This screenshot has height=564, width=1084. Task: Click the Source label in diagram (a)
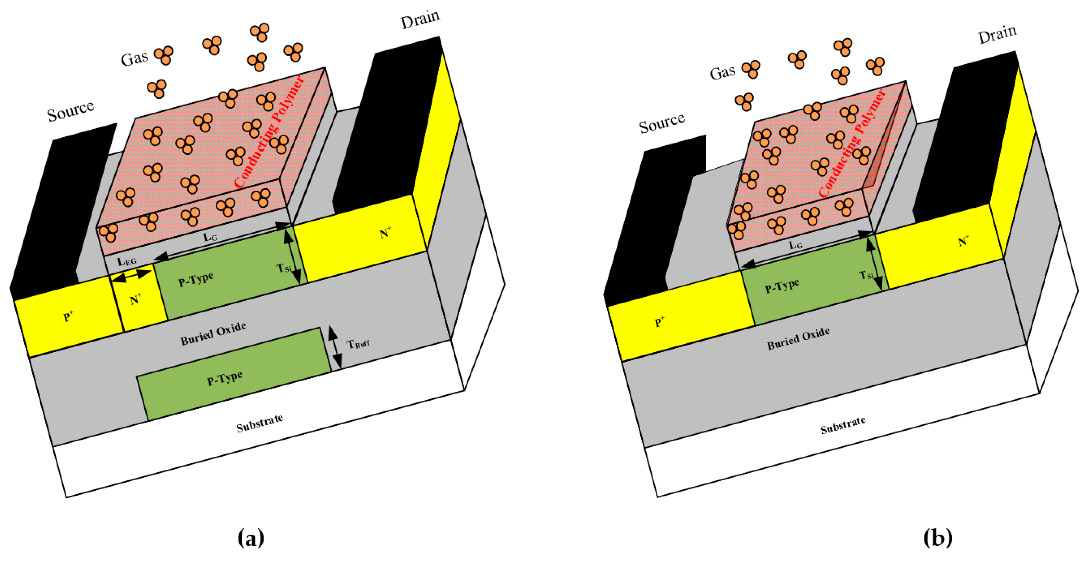70,111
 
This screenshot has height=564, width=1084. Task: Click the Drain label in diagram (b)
997,34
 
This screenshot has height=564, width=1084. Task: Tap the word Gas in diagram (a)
134,58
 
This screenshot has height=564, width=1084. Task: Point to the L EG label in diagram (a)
127,262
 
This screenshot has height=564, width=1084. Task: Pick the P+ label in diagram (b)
659,322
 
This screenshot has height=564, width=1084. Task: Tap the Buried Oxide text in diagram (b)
798,339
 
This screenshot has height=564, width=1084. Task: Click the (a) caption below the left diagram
251,538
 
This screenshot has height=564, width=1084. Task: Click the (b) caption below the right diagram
938,538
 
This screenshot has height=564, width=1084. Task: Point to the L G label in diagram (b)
795,245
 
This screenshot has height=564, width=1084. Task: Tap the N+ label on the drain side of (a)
385,233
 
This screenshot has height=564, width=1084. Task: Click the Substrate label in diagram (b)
843,425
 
